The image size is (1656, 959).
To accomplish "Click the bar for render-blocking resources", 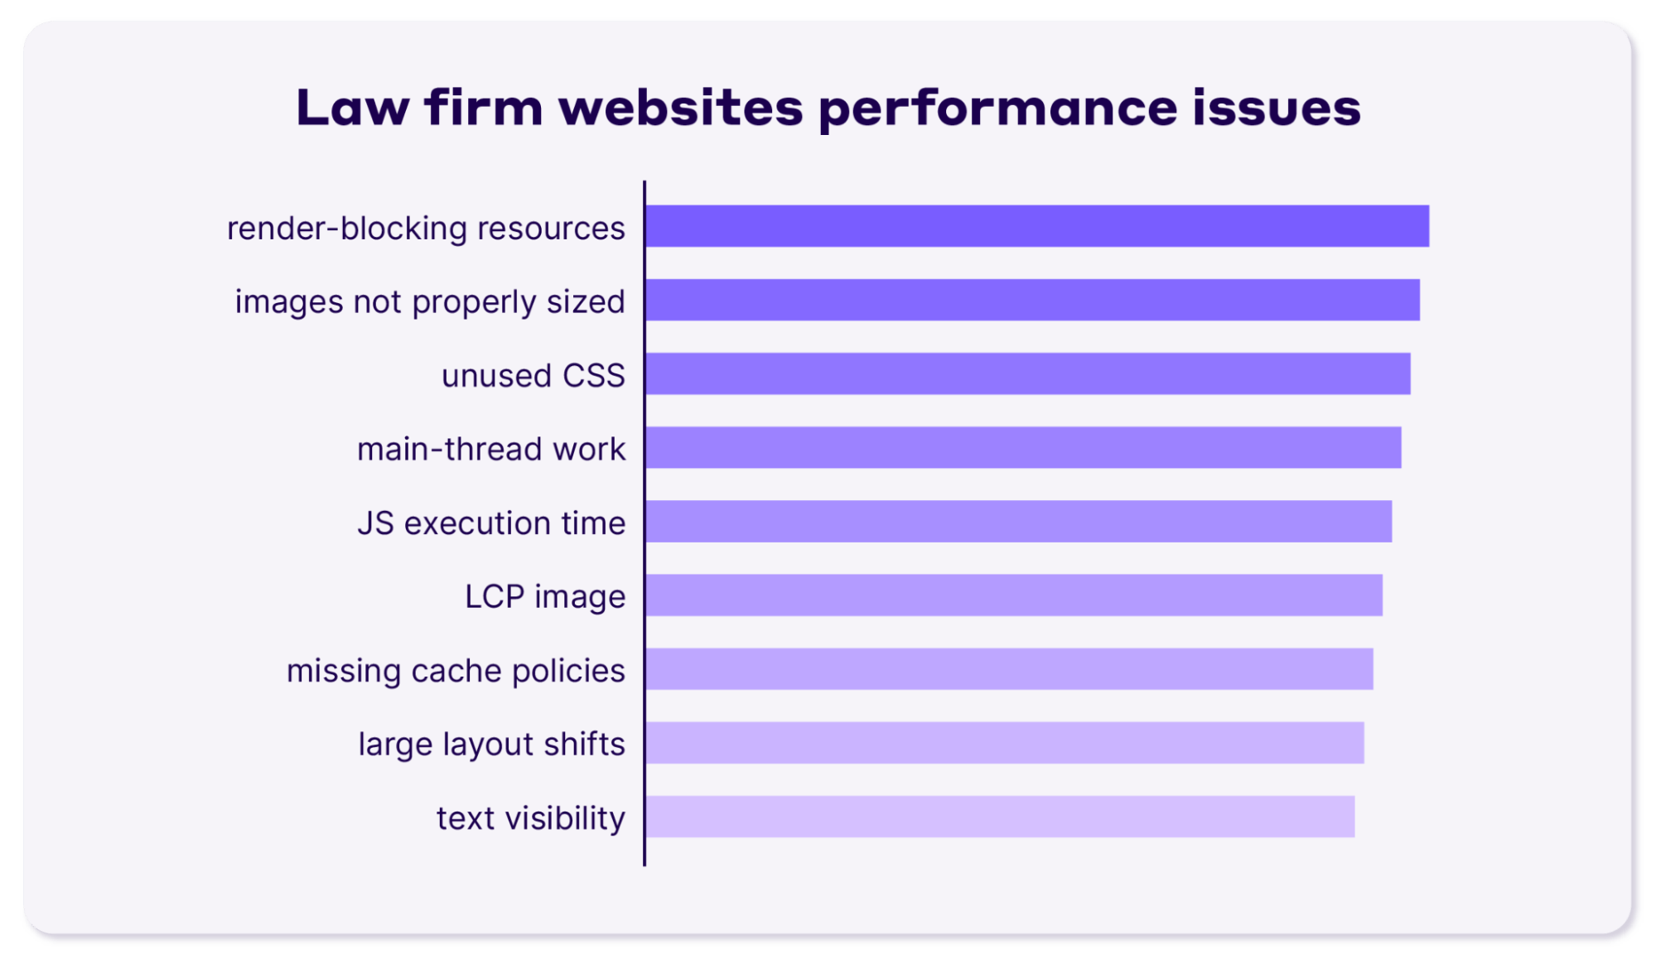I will coord(1037,226).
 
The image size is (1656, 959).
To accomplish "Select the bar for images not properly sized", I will coord(1032,300).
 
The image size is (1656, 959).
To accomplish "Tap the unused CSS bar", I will coord(1028,373).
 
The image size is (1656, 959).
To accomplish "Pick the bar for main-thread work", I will coord(1023,448).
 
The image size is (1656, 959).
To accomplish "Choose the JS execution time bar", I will coord(1019,522).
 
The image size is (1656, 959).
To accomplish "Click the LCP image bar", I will coord(1014,595).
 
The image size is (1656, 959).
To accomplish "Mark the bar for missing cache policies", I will coord(1009,669).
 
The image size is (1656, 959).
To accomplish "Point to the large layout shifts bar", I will coord(1005,743).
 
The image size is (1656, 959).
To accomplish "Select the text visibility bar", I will coord(1000,817).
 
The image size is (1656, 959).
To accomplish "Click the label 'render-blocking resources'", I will coord(426,228).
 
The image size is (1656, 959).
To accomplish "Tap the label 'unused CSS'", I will coord(533,375).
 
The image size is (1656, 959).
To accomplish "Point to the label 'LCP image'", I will coord(544,597).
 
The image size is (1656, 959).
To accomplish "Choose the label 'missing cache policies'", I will coord(456,670).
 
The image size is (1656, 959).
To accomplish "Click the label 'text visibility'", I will coord(530,818).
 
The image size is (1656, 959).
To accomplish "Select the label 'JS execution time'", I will coord(491,523).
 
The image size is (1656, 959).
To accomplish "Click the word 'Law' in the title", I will coord(352,108).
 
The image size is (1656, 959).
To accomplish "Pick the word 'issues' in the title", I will coord(1277,108).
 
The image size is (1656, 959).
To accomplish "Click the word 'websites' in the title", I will coord(681,108).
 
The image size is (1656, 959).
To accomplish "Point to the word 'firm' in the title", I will coord(484,108).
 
